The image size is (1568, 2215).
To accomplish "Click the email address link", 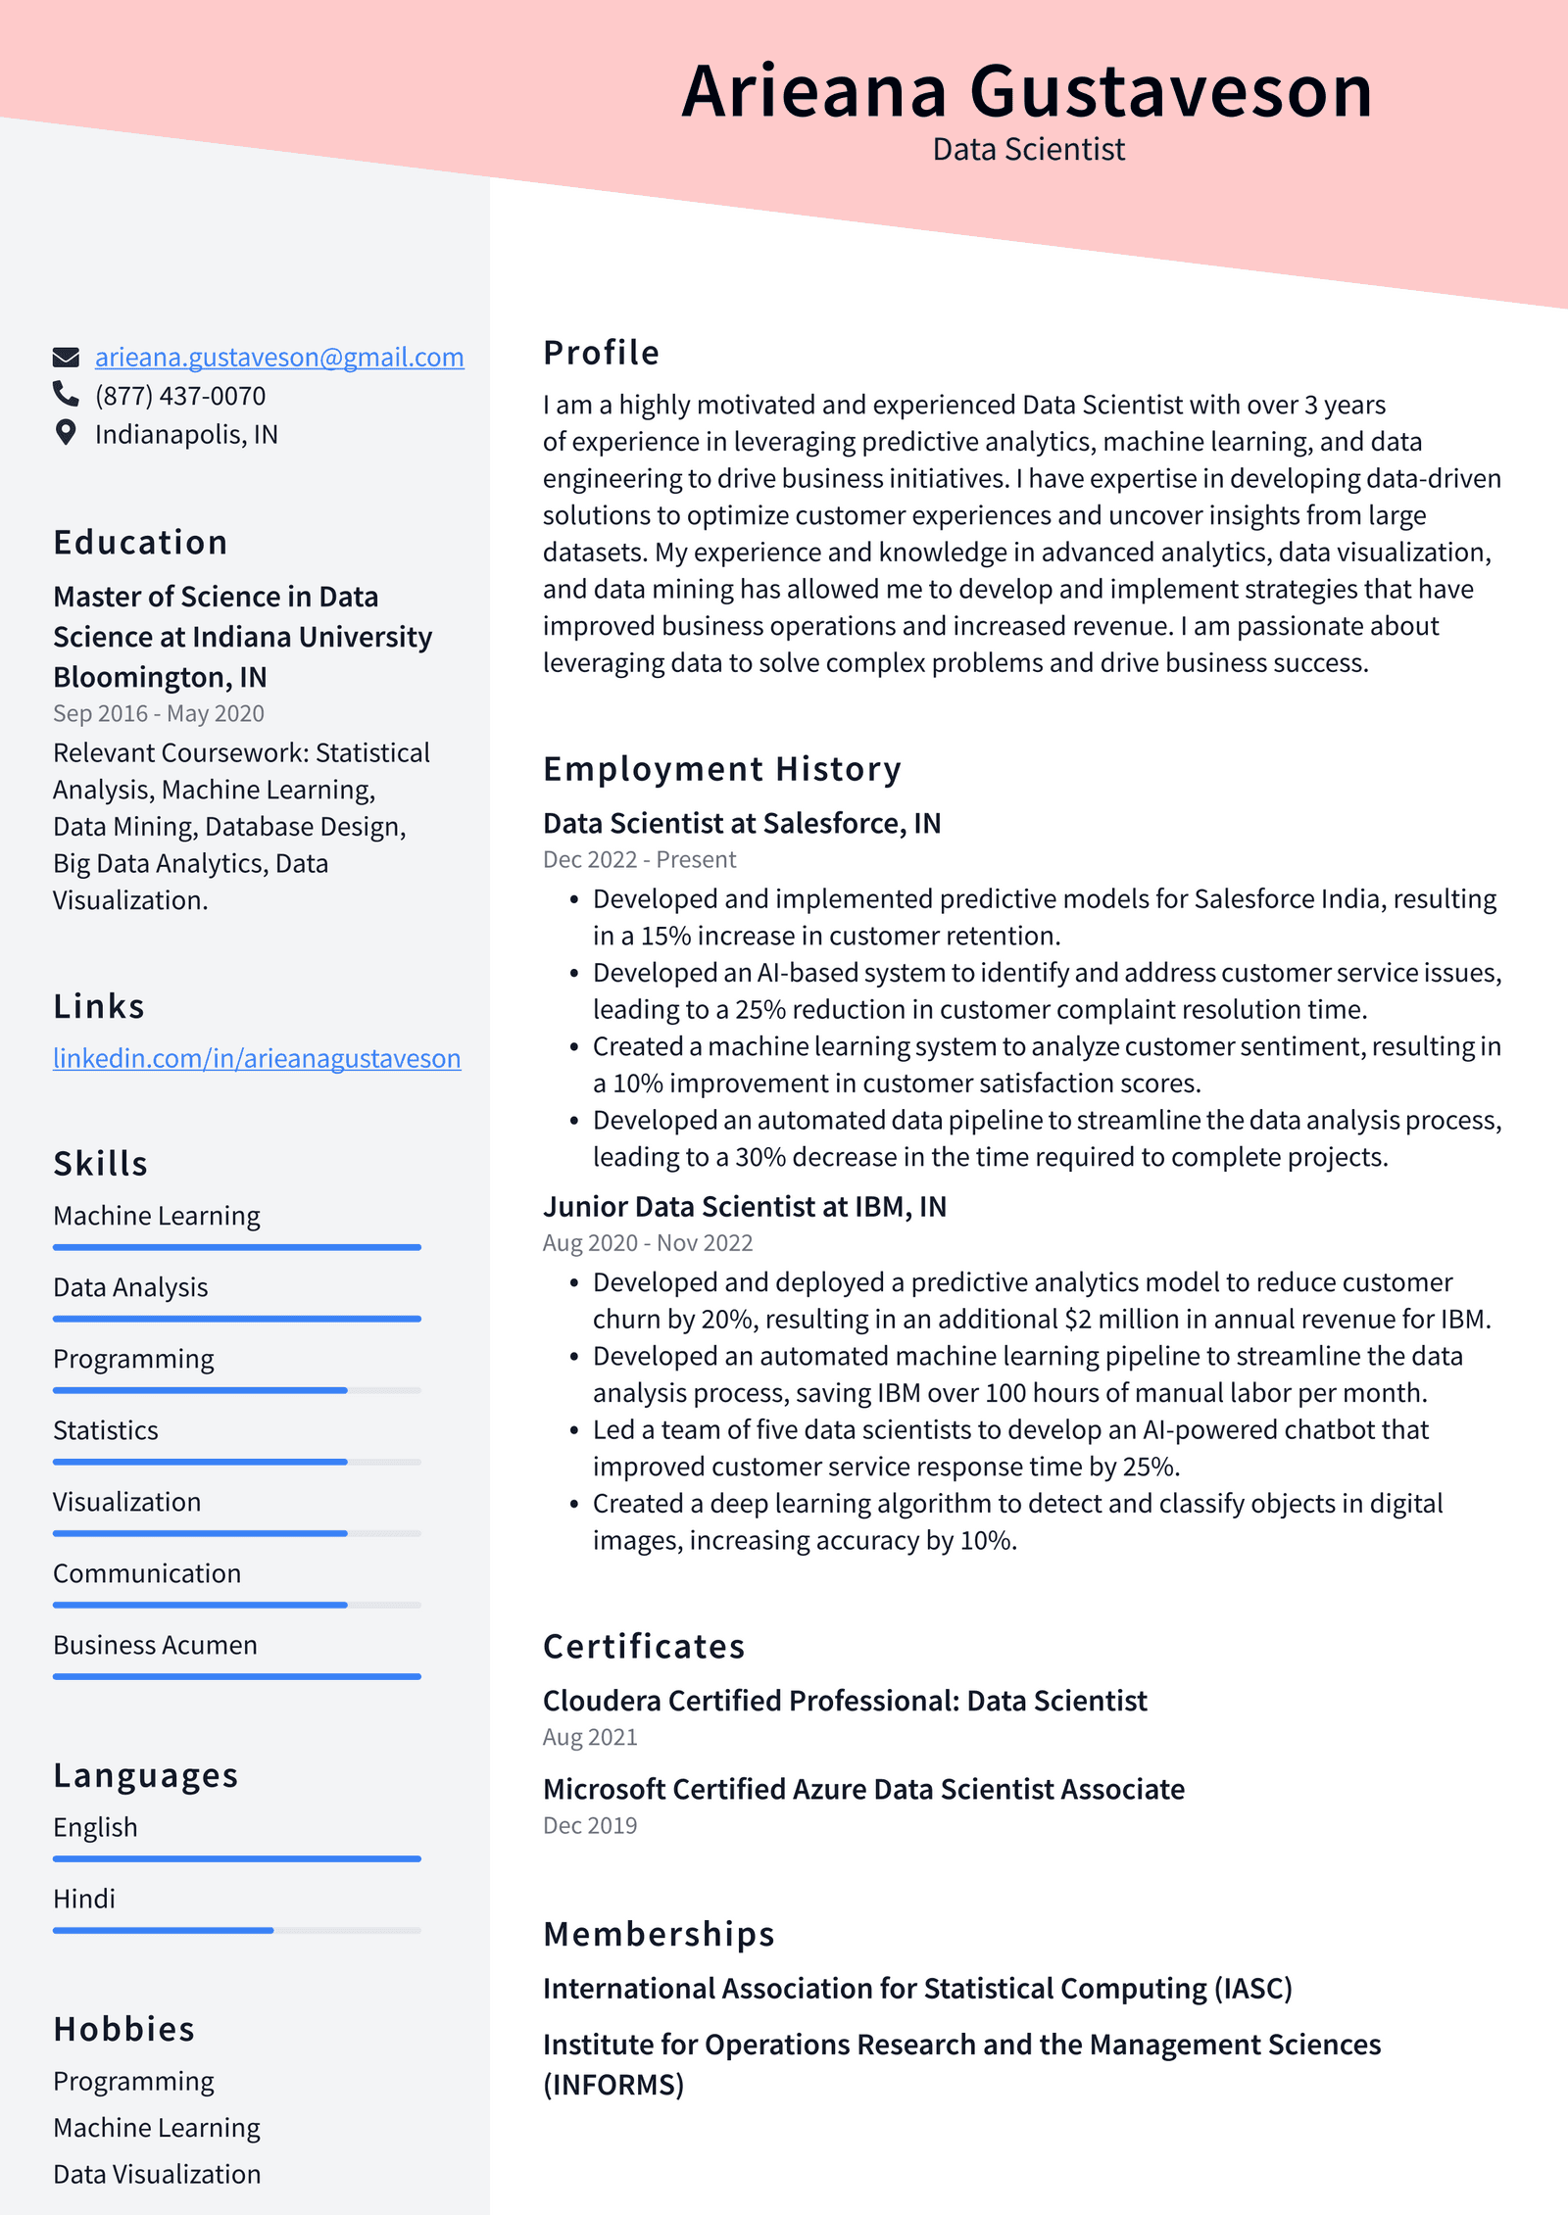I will (x=279, y=358).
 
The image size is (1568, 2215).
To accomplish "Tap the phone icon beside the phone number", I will (x=66, y=395).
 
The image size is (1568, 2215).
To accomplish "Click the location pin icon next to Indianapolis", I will (x=66, y=433).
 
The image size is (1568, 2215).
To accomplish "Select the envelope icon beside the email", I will (x=66, y=357).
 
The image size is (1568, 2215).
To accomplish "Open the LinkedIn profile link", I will (x=257, y=1059).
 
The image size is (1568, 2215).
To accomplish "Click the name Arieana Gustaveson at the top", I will (x=1027, y=91).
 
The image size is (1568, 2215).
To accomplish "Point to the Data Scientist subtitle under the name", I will (x=1028, y=150).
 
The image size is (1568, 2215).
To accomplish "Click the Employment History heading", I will (x=721, y=770).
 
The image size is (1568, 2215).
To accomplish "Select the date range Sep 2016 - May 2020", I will (x=159, y=714).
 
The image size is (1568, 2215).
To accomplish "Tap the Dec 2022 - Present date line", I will (x=639, y=860).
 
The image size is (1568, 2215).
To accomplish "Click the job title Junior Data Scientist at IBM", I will (x=744, y=1207).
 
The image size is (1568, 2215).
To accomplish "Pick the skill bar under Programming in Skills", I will (x=236, y=1390).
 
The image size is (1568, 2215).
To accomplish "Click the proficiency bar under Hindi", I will (x=236, y=1930).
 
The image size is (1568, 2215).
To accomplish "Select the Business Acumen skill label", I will (x=155, y=1646).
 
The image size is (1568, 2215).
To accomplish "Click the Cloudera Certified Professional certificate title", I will (x=844, y=1702).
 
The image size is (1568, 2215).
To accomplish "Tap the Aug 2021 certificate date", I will (x=590, y=1738).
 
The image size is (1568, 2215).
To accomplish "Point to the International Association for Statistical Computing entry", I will (x=917, y=1990).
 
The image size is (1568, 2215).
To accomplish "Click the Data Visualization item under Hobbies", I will (x=157, y=2175).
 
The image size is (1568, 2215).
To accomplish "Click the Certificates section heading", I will (x=644, y=1648).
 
